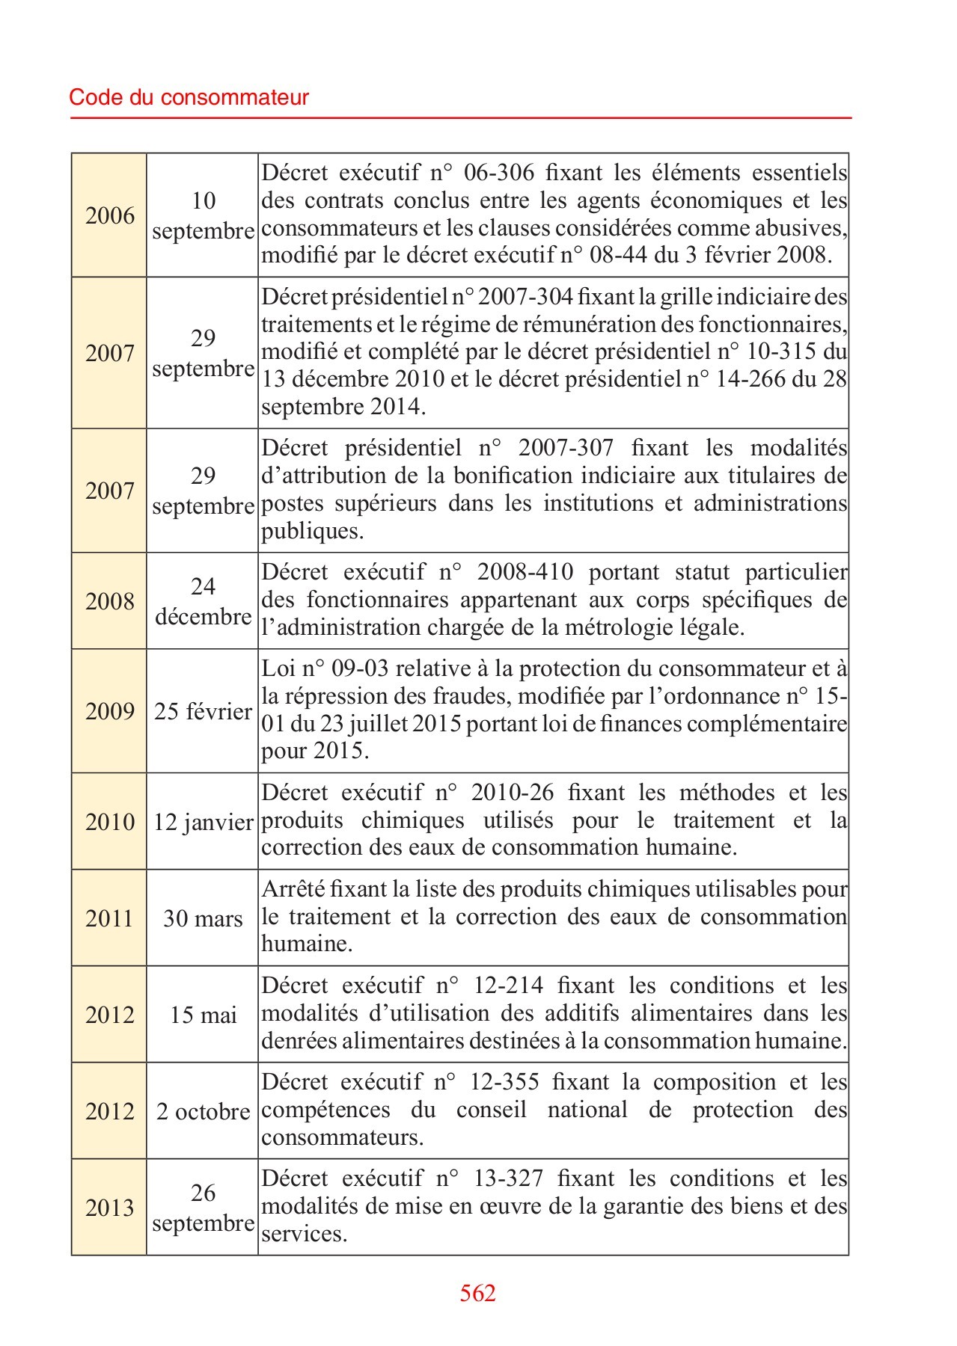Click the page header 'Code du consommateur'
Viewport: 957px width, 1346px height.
tap(189, 97)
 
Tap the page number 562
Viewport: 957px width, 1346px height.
tap(477, 1293)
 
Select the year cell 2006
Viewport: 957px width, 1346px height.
tap(110, 215)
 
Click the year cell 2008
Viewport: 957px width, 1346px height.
tap(110, 601)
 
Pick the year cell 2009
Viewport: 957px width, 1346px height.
tap(110, 711)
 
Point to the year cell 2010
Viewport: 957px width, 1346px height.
tap(110, 822)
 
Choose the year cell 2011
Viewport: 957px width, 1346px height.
tap(110, 918)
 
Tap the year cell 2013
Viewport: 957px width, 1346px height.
tap(110, 1208)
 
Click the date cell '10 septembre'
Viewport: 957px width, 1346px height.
tap(203, 215)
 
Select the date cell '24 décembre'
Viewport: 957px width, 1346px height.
tap(203, 601)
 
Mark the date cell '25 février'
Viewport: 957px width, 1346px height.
tap(203, 711)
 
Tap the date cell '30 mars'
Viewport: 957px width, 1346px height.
tap(203, 918)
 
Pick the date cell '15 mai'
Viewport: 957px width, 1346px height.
tap(203, 1015)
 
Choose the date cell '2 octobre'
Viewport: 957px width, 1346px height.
tap(203, 1111)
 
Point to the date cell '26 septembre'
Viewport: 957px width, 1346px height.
tap(203, 1208)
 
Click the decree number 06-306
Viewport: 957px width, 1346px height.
tap(499, 173)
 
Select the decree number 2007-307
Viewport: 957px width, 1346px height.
tap(566, 448)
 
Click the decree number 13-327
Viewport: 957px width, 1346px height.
tap(508, 1178)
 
